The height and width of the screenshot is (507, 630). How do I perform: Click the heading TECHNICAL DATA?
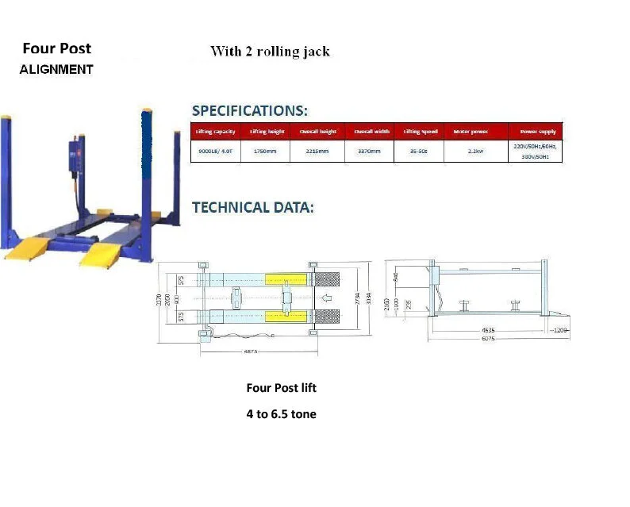pos(253,207)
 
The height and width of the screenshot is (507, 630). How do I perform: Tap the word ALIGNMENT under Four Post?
pos(56,69)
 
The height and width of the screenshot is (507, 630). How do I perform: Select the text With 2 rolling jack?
pos(270,52)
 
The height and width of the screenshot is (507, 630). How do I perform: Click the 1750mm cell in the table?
pos(264,151)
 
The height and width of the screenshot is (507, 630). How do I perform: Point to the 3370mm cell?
pos(369,151)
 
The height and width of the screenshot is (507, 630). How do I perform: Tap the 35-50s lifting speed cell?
pos(417,151)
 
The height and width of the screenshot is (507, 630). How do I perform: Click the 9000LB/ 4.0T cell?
pos(214,151)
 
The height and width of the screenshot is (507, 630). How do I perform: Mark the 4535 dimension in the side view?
pos(490,328)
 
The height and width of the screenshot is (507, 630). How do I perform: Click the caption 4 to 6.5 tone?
pos(281,414)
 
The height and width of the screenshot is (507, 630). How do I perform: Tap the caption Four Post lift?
pos(281,388)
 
